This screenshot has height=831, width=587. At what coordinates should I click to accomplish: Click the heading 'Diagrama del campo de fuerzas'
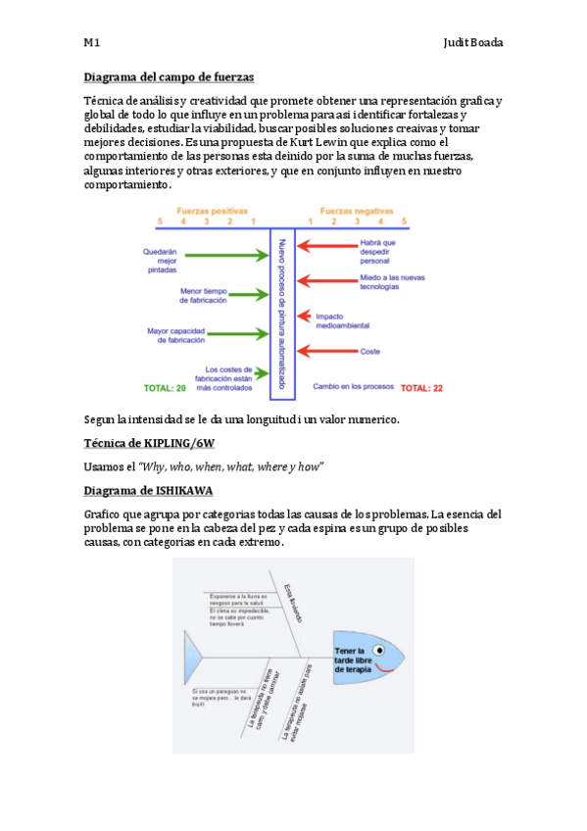[x=169, y=76]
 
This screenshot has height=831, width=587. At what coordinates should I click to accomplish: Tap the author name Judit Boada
[x=474, y=43]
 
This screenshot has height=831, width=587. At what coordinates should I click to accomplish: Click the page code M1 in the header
[x=91, y=43]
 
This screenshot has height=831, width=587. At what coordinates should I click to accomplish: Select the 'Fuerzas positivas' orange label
[x=212, y=211]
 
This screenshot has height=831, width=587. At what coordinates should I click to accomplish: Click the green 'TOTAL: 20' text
[x=165, y=388]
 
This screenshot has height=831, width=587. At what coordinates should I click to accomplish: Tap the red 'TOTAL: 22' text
[x=421, y=388]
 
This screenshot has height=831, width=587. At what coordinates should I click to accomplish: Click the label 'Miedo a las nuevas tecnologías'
[x=392, y=282]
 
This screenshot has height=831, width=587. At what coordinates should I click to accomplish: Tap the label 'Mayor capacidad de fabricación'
[x=176, y=335]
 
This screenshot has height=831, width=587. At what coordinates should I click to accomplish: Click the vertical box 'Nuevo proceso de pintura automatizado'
[x=282, y=314]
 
